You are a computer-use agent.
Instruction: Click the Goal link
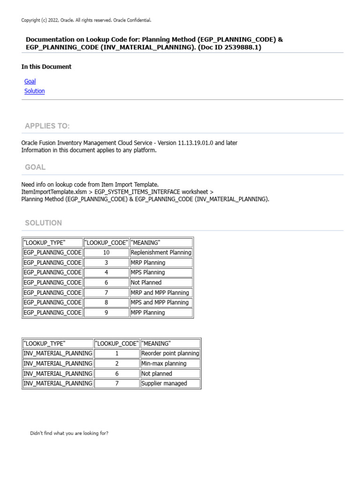tap(30, 81)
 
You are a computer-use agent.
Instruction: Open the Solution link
tap(35, 91)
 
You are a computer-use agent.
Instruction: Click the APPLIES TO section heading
tap(47, 126)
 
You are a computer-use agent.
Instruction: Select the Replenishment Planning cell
tap(161, 253)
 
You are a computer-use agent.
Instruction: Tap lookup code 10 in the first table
tap(106, 253)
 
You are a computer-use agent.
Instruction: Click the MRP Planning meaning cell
tap(148, 262)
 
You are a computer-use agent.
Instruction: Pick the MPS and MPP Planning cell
tap(159, 302)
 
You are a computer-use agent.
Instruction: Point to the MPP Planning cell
tap(148, 313)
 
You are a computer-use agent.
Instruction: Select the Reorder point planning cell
tap(170, 353)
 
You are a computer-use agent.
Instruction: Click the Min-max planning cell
tap(164, 363)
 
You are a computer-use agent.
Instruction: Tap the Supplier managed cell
tap(164, 383)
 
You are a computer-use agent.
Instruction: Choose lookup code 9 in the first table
tap(106, 313)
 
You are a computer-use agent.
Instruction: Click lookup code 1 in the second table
tap(117, 353)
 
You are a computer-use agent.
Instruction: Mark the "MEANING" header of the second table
tap(156, 344)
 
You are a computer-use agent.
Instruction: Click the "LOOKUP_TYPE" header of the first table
tap(45, 242)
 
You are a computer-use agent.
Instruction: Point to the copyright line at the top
tap(86, 20)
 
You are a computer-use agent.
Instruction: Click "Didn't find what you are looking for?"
tap(69, 433)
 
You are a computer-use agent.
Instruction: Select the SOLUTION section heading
tap(44, 223)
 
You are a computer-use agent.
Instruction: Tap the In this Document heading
tap(46, 67)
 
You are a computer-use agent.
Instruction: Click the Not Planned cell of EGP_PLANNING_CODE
tap(146, 283)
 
